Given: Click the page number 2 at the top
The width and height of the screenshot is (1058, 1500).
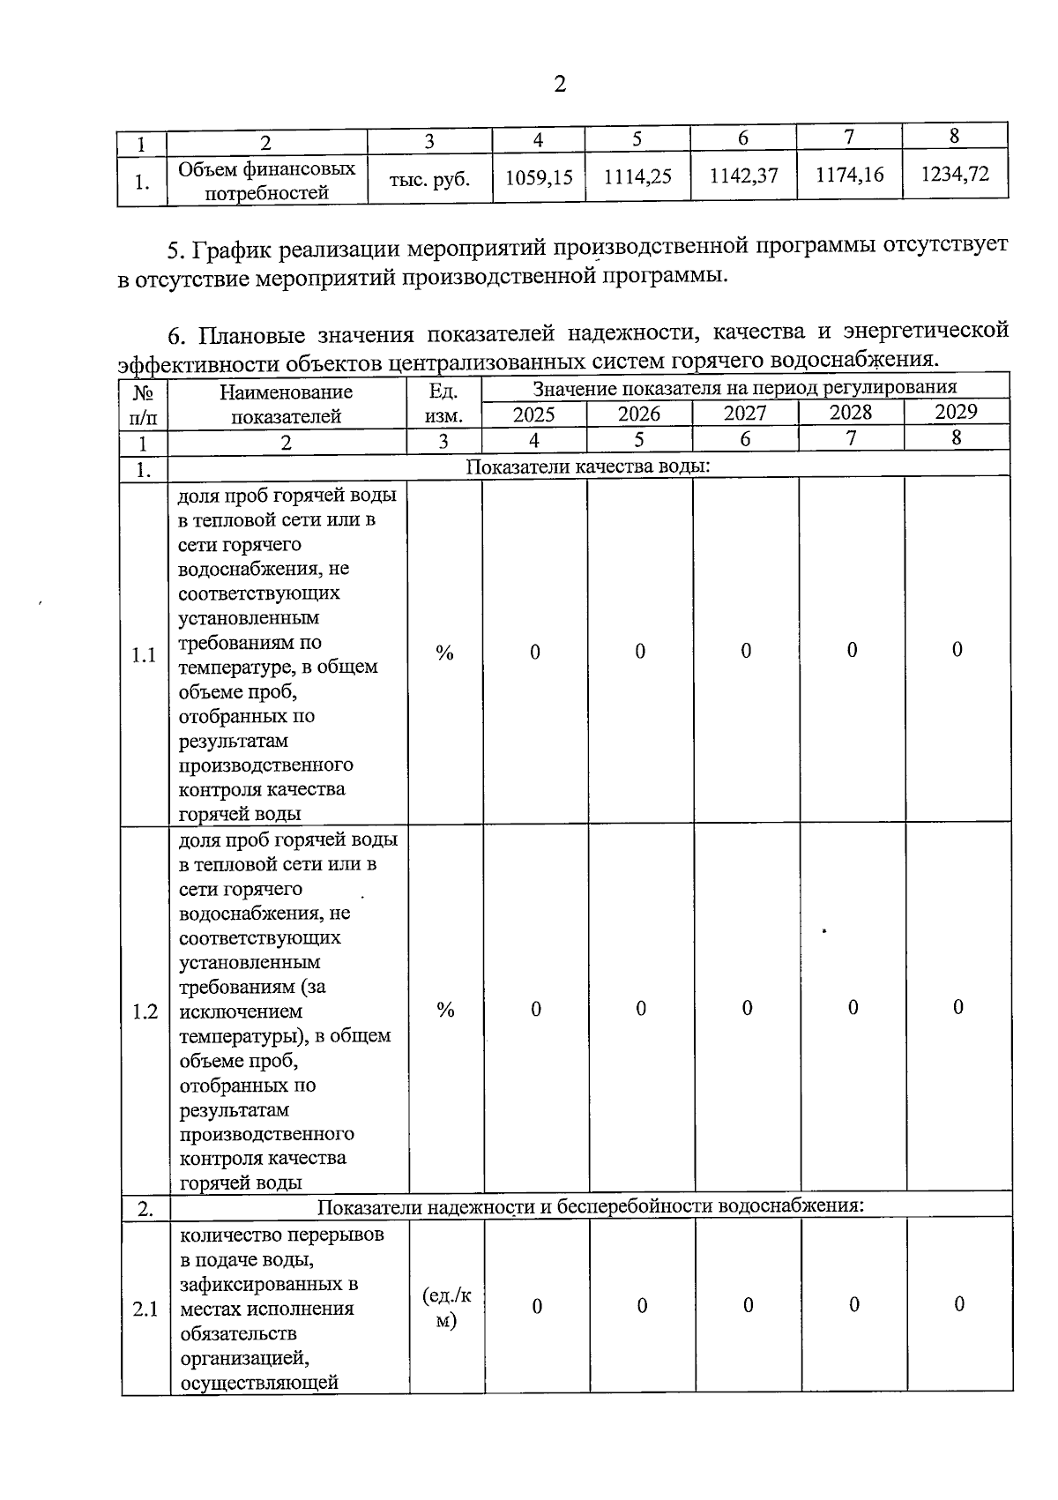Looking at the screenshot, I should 559,84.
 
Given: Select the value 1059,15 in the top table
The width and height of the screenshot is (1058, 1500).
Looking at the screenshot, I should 539,178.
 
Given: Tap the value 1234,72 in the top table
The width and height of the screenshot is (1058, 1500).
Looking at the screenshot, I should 955,174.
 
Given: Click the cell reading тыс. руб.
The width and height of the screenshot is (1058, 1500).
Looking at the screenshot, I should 429,180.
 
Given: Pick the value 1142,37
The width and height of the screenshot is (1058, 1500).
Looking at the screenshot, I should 744,175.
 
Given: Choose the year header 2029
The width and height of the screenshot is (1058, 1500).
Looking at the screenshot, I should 956,412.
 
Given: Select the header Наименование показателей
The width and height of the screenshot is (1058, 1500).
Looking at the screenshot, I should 286,404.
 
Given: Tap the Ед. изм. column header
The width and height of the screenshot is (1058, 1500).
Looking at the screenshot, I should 443,404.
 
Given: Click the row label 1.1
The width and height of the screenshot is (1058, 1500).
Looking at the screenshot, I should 144,655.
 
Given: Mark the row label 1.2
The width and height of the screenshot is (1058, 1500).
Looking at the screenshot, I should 145,1011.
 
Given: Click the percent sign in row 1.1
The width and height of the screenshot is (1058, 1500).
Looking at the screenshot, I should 444,653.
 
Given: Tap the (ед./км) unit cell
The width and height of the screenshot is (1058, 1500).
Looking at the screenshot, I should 447,1308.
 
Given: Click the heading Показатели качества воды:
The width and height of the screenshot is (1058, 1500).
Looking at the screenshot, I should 588,466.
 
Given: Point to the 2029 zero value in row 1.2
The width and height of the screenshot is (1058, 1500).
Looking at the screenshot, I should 958,1007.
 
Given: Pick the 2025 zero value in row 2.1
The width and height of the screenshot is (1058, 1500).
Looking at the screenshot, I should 536,1306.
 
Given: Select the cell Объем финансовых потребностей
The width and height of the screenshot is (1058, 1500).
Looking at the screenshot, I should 266,181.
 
